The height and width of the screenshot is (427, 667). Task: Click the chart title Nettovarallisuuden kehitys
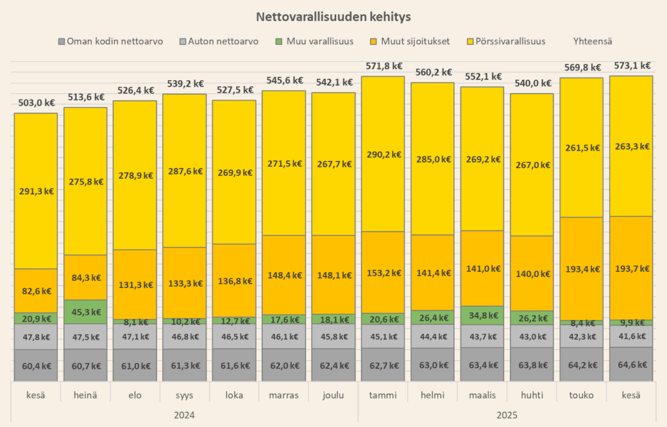point(333,16)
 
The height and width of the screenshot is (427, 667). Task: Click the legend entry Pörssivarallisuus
point(510,41)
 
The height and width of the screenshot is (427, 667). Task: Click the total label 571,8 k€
point(382,66)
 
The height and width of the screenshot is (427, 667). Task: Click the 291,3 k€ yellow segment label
point(36,191)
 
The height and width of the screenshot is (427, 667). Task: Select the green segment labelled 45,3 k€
point(85,311)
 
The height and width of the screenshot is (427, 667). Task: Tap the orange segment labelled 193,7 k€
point(630,269)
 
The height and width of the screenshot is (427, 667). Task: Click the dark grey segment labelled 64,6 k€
point(630,365)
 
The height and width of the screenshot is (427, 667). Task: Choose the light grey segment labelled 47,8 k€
point(36,337)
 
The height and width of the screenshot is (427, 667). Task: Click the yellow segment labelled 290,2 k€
point(382,155)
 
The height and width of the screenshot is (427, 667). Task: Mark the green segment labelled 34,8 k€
point(481,316)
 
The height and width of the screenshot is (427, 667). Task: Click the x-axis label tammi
point(382,395)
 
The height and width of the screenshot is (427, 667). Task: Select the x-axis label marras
point(283,395)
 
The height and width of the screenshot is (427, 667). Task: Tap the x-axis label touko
point(580,395)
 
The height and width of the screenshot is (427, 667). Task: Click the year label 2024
point(184,415)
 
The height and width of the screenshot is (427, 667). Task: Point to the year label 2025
point(506,415)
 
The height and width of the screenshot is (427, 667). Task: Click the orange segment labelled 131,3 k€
point(135,285)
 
